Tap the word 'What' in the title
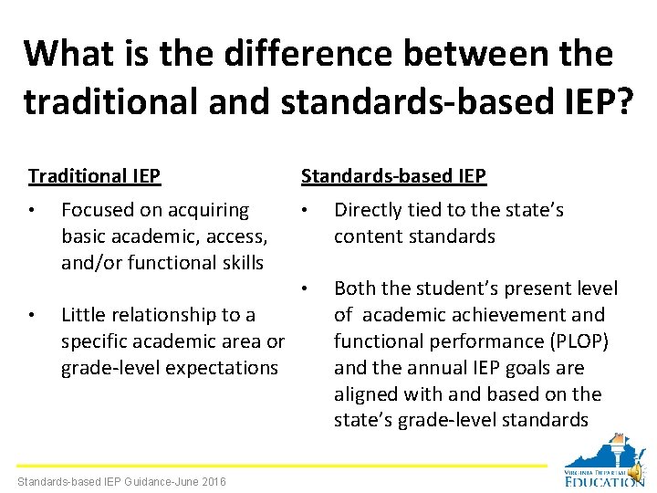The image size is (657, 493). [x=69, y=54]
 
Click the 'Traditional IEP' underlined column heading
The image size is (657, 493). [x=94, y=175]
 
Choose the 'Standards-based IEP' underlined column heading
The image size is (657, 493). [x=393, y=175]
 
